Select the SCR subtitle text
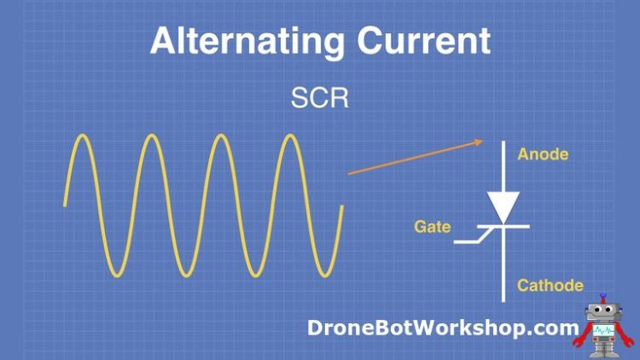(319, 98)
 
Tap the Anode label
(543, 155)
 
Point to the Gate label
(432, 227)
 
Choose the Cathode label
(550, 285)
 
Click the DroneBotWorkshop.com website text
(442, 327)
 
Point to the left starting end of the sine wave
(65, 204)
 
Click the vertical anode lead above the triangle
(503, 166)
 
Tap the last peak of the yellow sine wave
(292, 136)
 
